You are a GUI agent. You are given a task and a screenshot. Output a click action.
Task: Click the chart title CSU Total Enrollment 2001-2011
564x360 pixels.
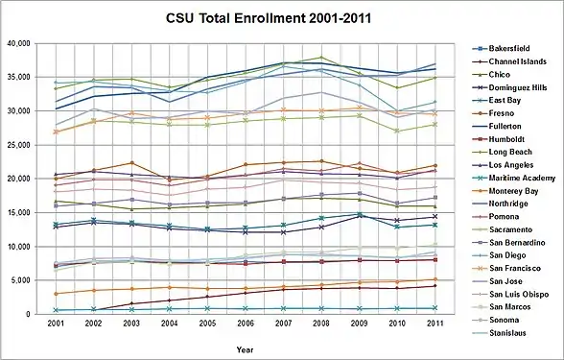click(x=269, y=19)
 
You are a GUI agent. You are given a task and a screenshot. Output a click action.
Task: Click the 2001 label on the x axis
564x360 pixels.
click(x=56, y=324)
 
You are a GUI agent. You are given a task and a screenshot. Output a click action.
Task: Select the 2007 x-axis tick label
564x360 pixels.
click(x=283, y=324)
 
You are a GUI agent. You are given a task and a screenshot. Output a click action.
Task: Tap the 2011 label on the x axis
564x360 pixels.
click(x=435, y=324)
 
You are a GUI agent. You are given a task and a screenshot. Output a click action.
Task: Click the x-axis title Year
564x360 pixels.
click(x=245, y=349)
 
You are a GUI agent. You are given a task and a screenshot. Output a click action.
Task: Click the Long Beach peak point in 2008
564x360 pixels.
click(x=321, y=58)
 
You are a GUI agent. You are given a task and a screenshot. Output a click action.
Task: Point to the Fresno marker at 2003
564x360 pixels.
click(x=131, y=163)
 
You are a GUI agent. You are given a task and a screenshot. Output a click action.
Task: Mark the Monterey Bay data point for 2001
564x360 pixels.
click(x=56, y=294)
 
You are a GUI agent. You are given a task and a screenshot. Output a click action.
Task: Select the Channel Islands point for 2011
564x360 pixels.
click(x=435, y=286)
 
